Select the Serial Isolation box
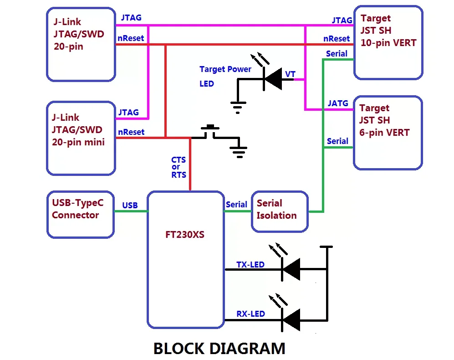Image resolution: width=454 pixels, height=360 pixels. click(x=280, y=210)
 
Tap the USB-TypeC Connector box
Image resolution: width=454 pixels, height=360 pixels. click(x=80, y=214)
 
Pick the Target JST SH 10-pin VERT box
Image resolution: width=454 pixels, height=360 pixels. click(x=388, y=42)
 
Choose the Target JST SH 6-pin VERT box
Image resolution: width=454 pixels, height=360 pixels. click(x=388, y=132)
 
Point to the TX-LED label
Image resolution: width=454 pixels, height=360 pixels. click(x=250, y=265)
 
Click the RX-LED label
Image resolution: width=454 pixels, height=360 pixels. click(x=250, y=314)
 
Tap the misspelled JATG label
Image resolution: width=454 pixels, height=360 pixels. click(x=338, y=103)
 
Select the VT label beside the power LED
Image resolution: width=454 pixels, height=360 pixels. click(x=290, y=74)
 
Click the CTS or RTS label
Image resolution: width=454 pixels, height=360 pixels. click(x=179, y=167)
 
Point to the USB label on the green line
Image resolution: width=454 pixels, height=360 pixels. click(x=130, y=206)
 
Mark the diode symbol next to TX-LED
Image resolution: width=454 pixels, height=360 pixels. click(x=291, y=269)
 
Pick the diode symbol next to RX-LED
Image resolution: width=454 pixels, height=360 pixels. click(x=291, y=319)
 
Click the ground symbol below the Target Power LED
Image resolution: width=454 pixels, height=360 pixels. click(x=238, y=106)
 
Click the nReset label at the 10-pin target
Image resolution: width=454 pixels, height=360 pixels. click(x=337, y=39)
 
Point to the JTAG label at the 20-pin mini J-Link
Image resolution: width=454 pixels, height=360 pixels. click(x=128, y=112)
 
